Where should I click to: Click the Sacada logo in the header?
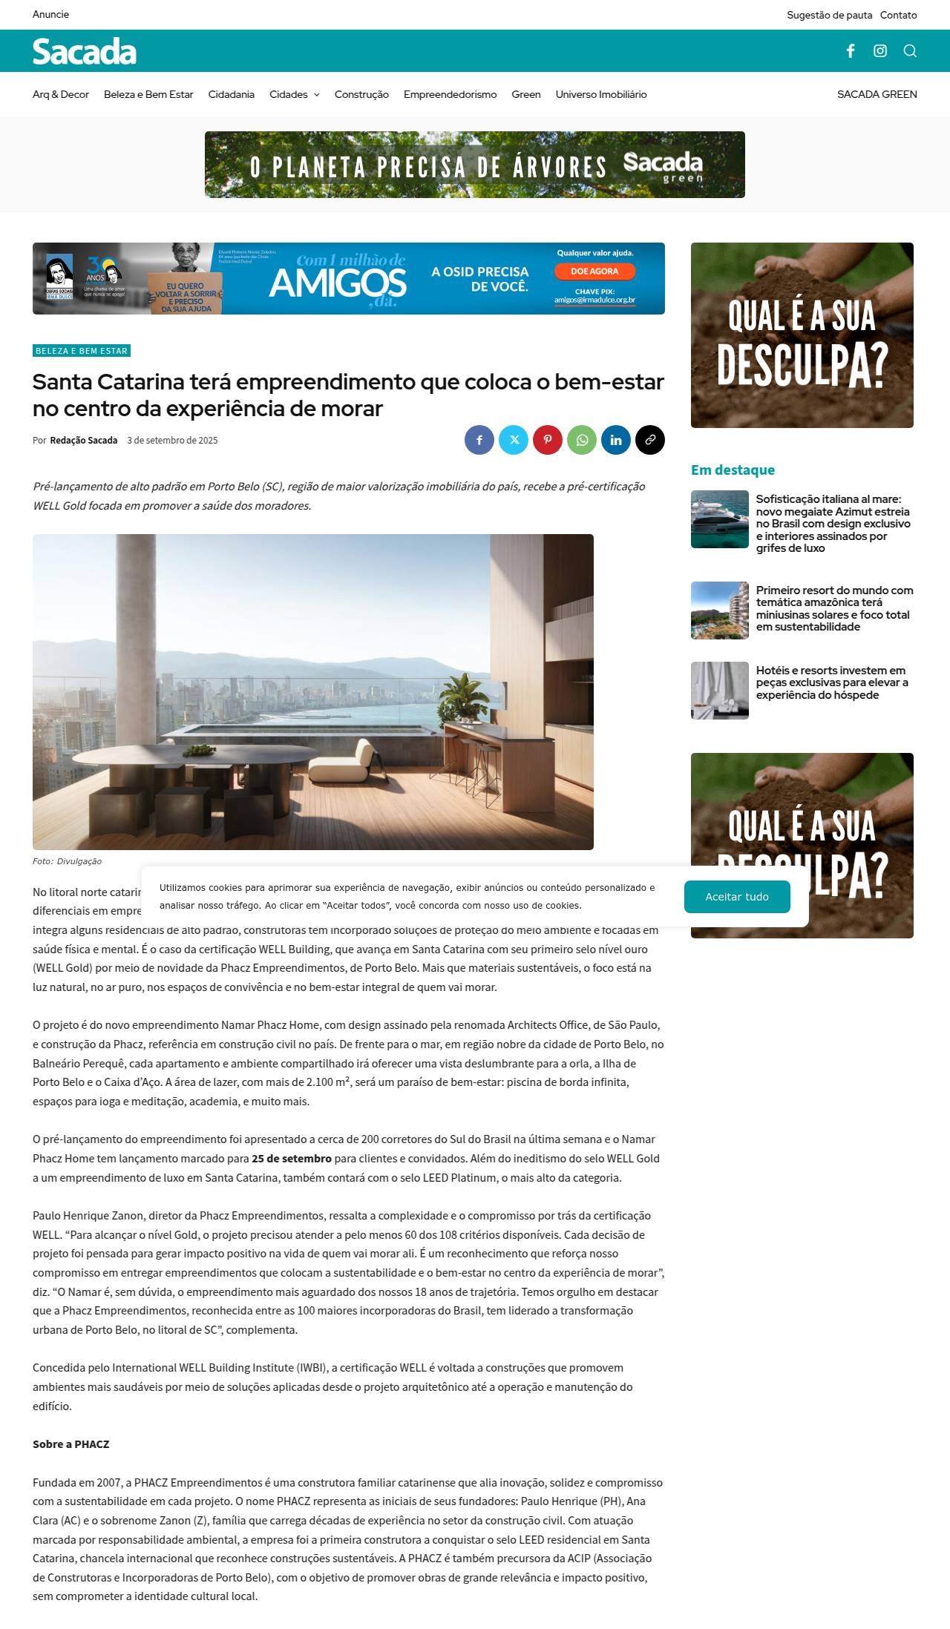tap(85, 51)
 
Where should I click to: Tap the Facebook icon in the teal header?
tap(851, 50)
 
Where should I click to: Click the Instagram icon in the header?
tap(880, 50)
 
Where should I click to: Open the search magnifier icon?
tap(910, 50)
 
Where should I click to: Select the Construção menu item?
tap(361, 94)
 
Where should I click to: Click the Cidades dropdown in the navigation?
tap(294, 94)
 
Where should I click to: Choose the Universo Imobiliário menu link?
tap(601, 94)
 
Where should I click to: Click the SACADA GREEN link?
tap(877, 94)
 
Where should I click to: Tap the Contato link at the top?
tap(898, 15)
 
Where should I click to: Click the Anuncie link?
tap(50, 14)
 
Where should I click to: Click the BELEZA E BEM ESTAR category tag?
tap(82, 351)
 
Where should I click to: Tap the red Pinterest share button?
tap(548, 440)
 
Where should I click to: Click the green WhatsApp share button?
tap(582, 440)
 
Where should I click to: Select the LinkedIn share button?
tap(616, 440)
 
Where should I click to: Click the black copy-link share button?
tap(650, 440)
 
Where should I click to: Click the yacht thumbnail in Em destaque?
tap(720, 519)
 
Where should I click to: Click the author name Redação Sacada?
tap(83, 440)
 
